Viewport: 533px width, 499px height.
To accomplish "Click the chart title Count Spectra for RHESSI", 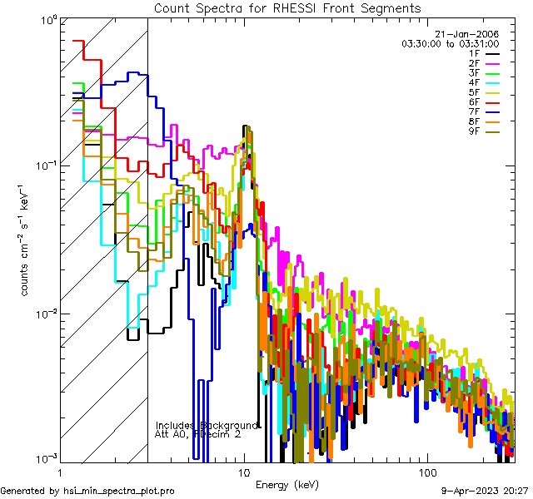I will (287, 7).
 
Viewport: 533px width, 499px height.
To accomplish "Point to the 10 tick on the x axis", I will (243, 471).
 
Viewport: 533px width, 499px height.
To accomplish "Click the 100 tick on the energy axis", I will (426, 471).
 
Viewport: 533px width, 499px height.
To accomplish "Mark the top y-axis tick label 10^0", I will (46, 18).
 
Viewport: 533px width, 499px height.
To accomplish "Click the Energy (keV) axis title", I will (286, 484).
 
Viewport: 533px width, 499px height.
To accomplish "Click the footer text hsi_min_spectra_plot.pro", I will (119, 491).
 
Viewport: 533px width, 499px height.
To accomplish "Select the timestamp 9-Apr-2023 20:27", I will (485, 491).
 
